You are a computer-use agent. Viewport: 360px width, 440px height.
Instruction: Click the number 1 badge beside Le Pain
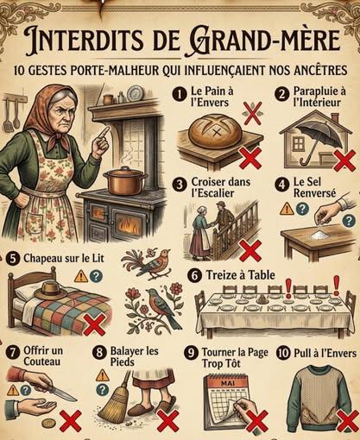click(x=180, y=94)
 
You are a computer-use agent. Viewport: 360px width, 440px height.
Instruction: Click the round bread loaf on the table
click(x=215, y=131)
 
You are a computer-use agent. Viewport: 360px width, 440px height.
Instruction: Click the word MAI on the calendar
click(x=228, y=383)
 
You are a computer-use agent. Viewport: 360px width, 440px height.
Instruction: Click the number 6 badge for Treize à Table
click(x=194, y=276)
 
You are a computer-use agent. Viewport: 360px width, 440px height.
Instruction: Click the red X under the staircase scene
click(x=250, y=251)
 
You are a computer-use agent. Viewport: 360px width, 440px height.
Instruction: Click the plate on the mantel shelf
click(x=133, y=93)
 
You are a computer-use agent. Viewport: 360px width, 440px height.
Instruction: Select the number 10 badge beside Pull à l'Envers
click(x=283, y=353)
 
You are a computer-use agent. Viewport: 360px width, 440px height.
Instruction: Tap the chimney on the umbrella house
click(x=335, y=118)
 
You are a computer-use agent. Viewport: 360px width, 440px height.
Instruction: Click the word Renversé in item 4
click(x=314, y=193)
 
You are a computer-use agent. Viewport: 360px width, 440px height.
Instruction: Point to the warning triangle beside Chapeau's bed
click(x=81, y=276)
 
